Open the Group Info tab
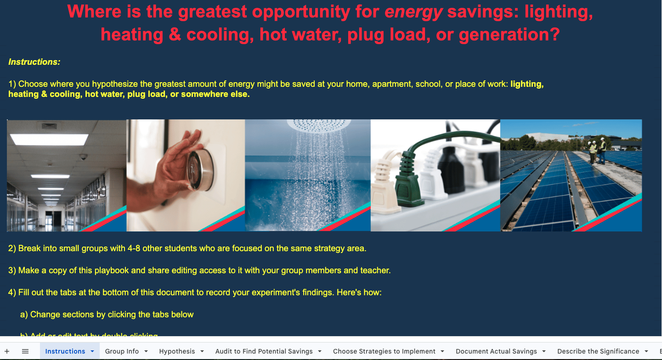[x=122, y=351]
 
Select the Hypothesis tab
[x=177, y=351]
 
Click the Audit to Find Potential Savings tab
[x=264, y=351]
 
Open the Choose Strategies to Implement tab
[x=384, y=351]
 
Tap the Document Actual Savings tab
[x=496, y=351]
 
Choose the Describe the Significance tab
[x=598, y=351]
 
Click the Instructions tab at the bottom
[x=65, y=351]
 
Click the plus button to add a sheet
[x=7, y=351]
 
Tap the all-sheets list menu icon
[x=25, y=351]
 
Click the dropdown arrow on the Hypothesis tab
[x=202, y=351]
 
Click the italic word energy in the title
[x=413, y=12]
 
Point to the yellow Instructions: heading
[x=34, y=62]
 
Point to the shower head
[x=308, y=125]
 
